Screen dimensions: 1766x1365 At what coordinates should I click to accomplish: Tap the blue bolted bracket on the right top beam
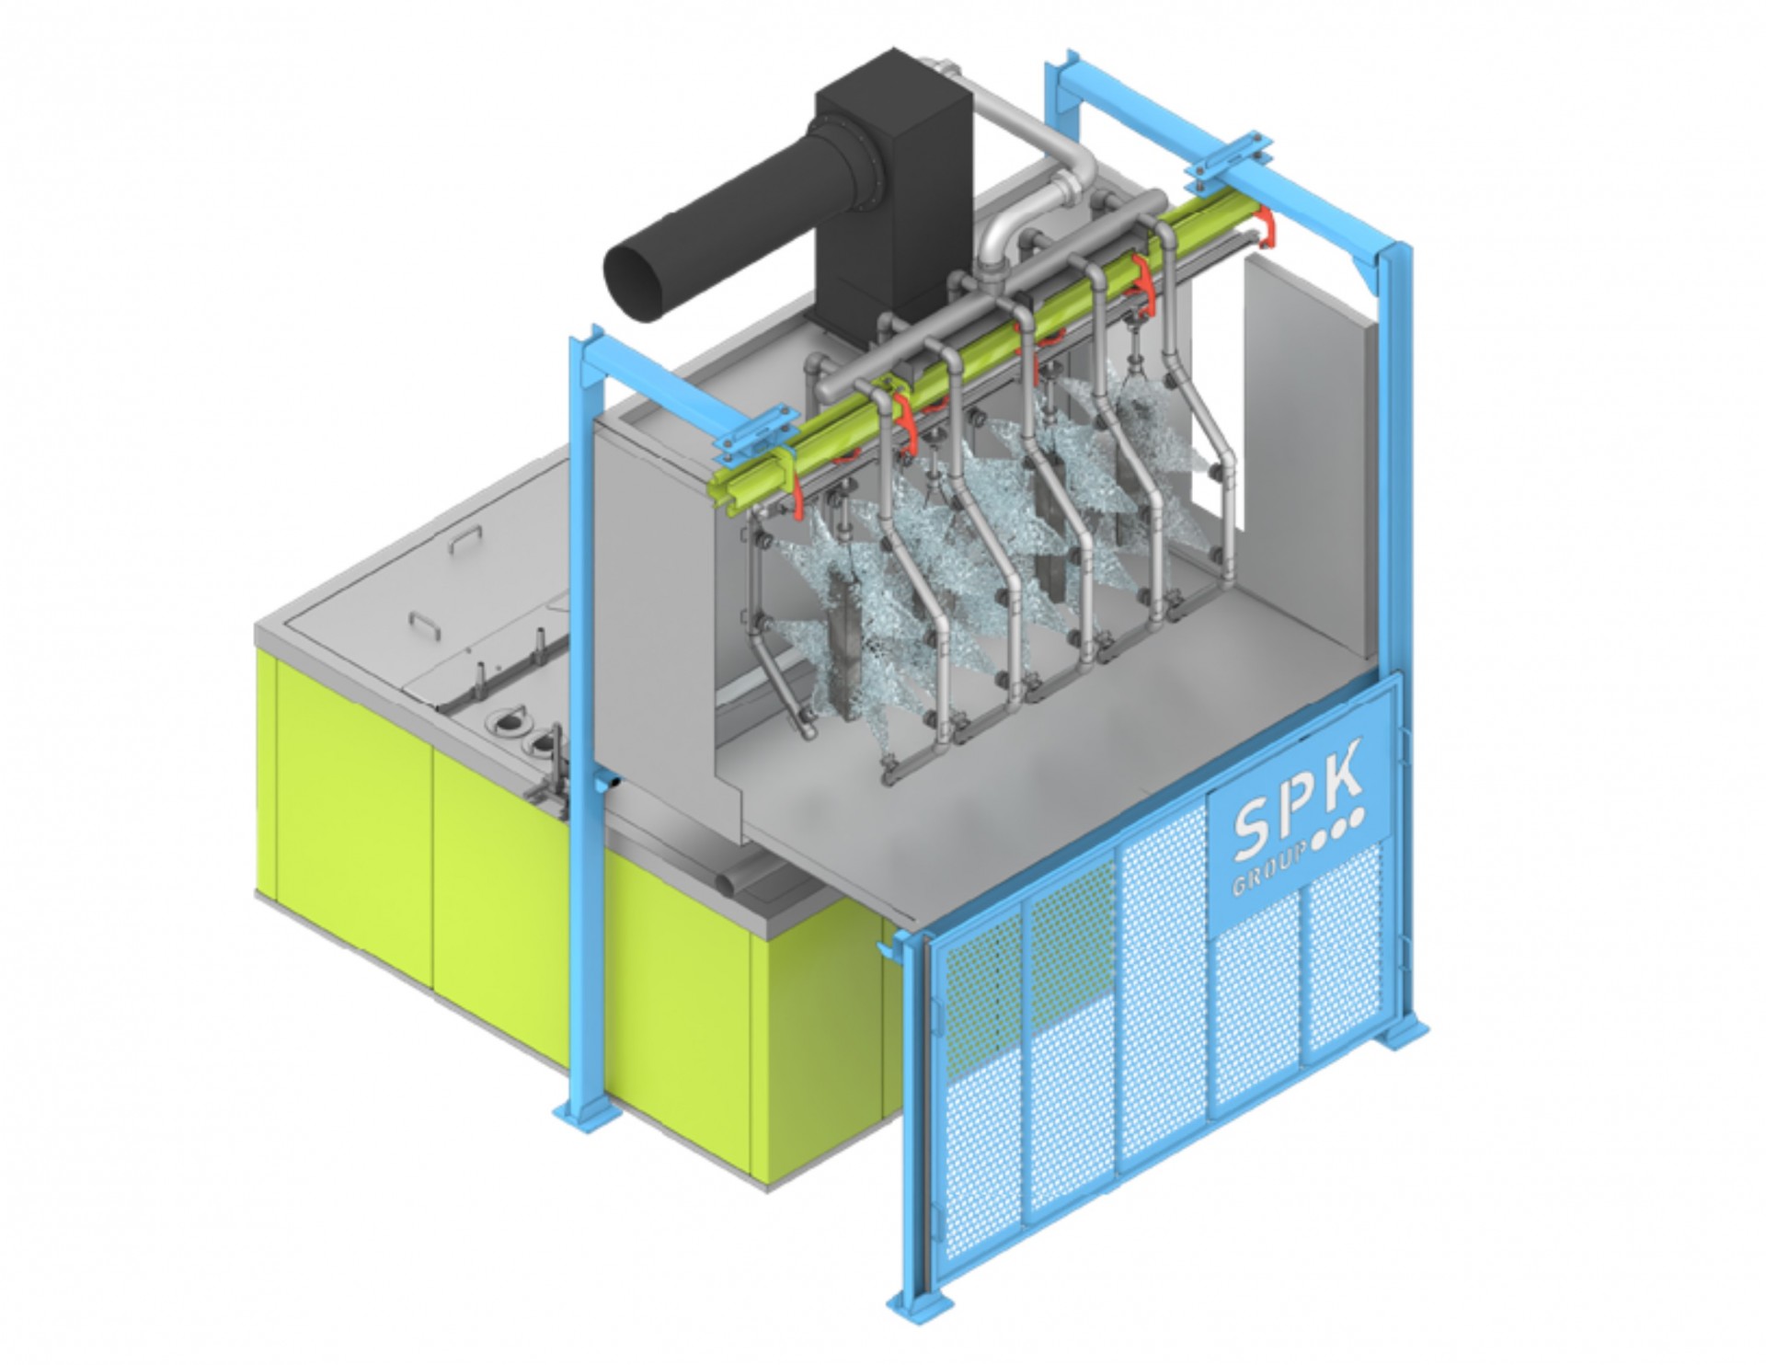tap(1223, 156)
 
